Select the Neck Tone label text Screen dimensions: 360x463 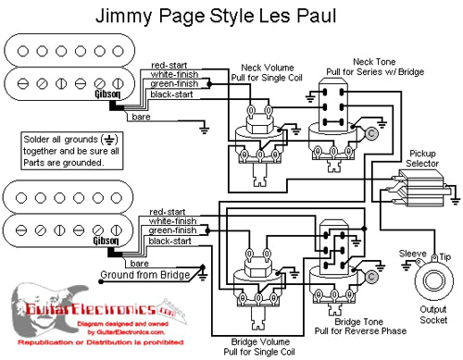click(368, 61)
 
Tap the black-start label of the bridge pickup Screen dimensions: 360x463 click(169, 241)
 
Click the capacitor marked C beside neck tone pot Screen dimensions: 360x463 click(369, 133)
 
